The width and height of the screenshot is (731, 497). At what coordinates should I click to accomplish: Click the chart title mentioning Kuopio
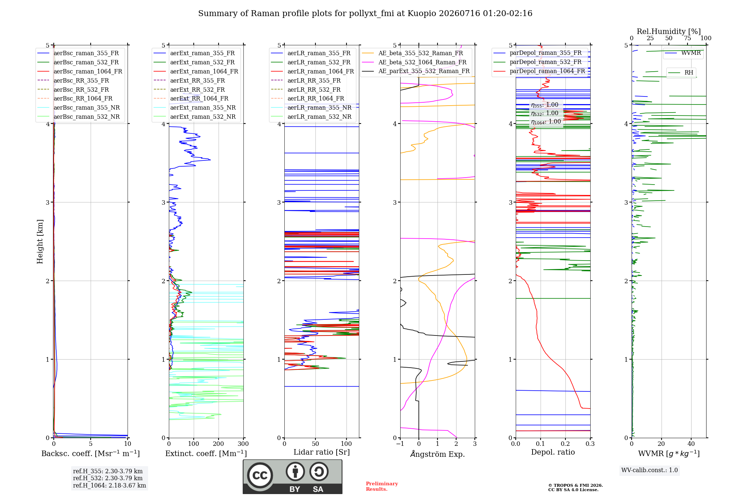tap(365, 14)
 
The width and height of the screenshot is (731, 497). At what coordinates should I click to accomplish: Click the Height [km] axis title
tap(40, 242)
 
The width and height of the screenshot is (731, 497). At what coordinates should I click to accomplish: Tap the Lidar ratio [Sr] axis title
tap(322, 452)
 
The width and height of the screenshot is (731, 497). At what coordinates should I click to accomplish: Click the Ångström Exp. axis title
tap(438, 454)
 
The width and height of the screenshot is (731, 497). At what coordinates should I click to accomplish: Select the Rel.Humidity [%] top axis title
tap(669, 31)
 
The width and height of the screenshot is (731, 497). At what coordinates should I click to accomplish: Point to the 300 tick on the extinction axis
tap(243, 444)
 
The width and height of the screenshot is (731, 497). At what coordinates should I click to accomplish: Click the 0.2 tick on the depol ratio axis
tap(565, 444)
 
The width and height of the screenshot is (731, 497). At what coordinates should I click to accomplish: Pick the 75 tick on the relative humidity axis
tap(688, 38)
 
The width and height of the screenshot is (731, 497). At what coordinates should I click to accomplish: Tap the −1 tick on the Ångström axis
tap(400, 444)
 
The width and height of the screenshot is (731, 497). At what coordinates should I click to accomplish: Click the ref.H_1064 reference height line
tap(109, 485)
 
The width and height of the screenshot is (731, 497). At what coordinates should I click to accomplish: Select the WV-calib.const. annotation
tap(649, 470)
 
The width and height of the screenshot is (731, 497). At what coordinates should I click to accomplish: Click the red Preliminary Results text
tap(382, 486)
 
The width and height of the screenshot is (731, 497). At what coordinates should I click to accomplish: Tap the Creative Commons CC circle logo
tap(260, 475)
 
